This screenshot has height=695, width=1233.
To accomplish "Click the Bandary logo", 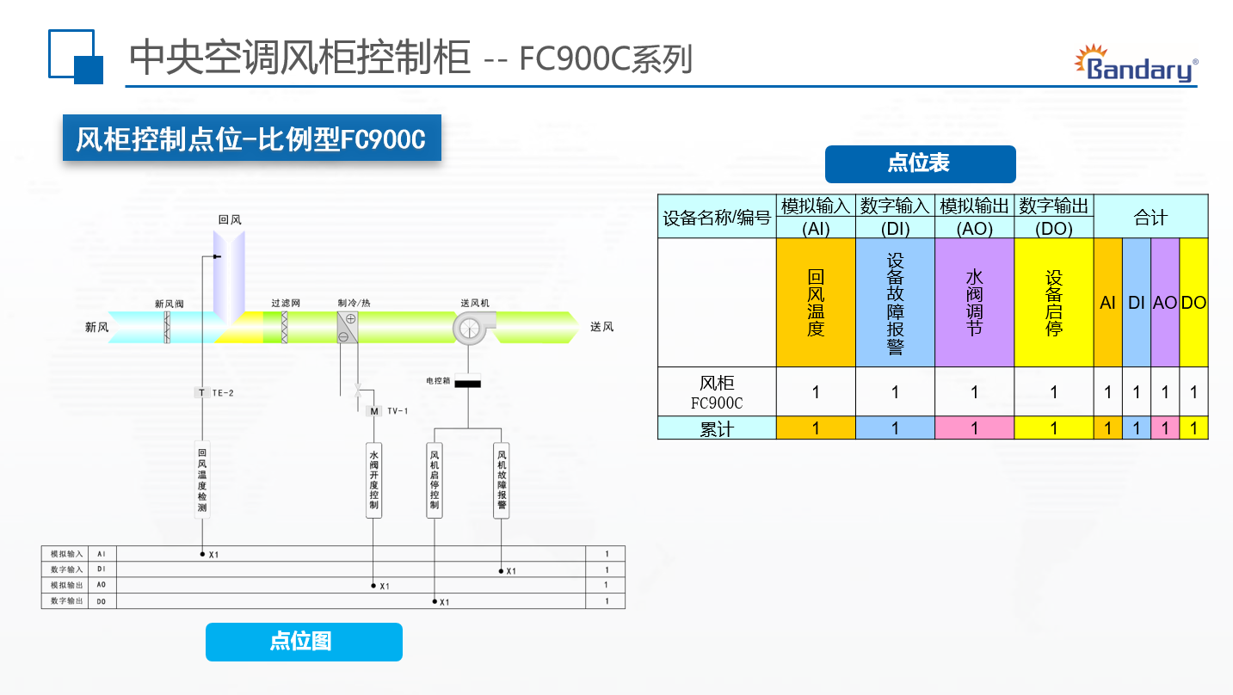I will point(1136,64).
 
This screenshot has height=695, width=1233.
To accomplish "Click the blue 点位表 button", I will point(920,164).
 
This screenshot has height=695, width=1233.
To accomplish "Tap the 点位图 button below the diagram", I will point(304,642).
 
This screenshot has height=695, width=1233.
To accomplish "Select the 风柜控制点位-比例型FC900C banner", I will point(251,138).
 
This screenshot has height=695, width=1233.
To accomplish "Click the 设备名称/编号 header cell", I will point(717,217).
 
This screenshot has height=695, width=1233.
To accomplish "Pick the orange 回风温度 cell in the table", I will point(816,303).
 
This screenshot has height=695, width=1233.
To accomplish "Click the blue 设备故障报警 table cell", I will point(895,303).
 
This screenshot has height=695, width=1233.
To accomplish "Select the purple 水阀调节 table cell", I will point(974,303).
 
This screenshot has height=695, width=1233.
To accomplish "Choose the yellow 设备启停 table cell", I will point(1054,303).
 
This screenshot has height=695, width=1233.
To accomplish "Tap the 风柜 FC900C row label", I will point(717,392).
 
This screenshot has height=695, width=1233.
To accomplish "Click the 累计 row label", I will point(717,428).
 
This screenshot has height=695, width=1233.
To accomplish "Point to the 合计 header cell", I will point(1150,217).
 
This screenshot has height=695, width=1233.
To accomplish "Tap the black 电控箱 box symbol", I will point(467,384).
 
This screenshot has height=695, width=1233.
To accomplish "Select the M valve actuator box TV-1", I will point(374,411).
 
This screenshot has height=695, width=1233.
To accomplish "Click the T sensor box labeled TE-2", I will point(202,393).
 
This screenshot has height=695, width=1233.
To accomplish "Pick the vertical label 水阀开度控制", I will point(373,480).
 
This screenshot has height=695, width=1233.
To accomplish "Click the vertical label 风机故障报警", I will point(502,480).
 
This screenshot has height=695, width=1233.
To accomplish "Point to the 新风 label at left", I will point(96,328).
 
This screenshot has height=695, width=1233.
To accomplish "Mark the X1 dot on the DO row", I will point(435,601).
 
